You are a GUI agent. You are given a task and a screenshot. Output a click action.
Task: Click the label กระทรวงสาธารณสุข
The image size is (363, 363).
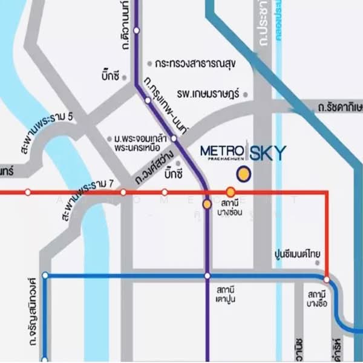194,62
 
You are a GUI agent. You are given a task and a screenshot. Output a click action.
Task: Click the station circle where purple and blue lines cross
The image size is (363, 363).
207,276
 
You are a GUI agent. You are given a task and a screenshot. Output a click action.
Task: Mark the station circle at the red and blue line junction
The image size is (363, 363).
327,280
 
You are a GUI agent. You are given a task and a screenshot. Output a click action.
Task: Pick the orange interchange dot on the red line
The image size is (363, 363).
231,192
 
